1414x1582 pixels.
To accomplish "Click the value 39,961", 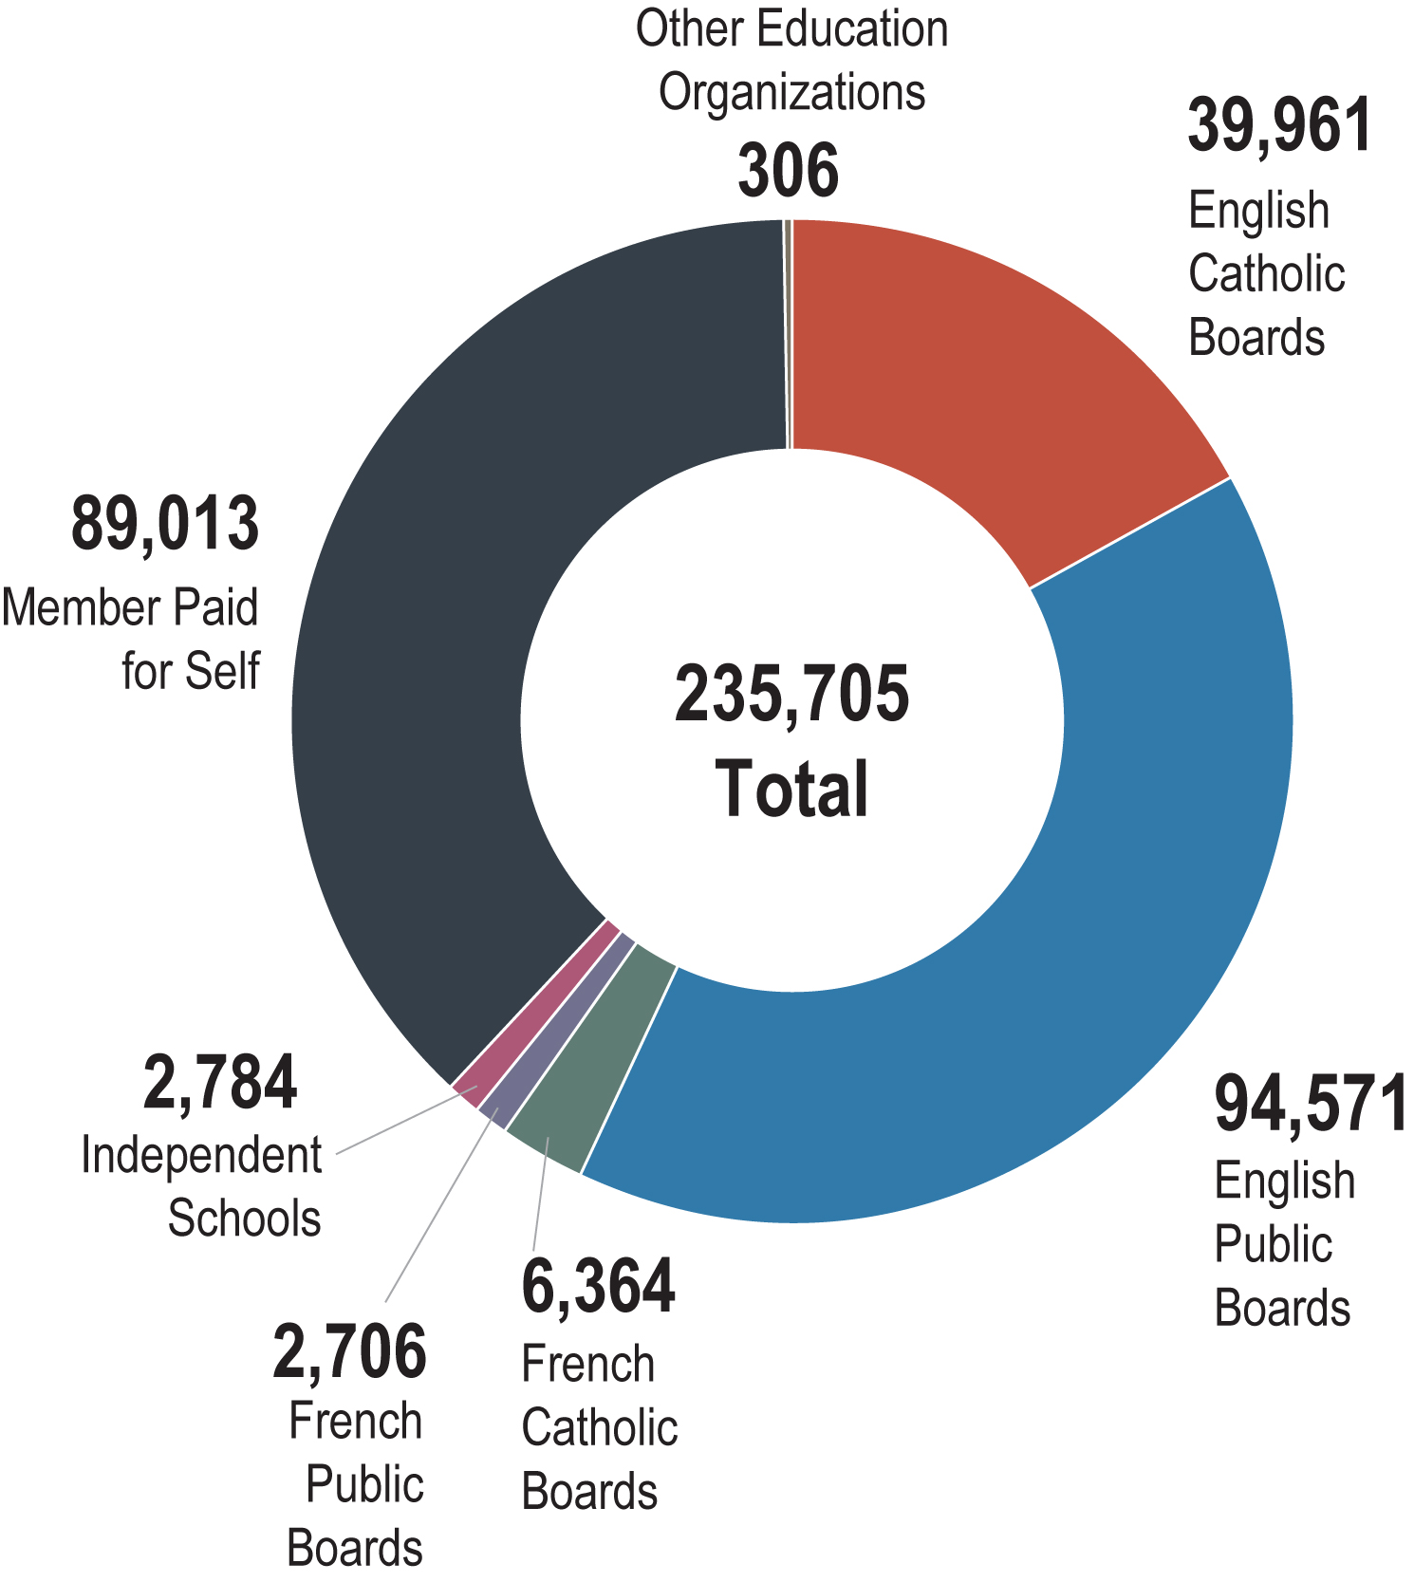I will tap(1279, 126).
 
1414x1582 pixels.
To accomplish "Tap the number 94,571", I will tap(1311, 1105).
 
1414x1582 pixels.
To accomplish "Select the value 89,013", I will tap(165, 524).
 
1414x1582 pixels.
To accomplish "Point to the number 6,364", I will tap(598, 1287).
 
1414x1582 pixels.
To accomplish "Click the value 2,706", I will tap(349, 1352).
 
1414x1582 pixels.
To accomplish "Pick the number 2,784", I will tap(220, 1084).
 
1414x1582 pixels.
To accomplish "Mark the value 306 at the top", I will tap(789, 172).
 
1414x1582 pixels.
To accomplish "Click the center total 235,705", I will tap(791, 695).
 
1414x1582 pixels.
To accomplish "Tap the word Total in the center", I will tap(791, 789).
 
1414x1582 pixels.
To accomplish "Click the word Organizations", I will tap(792, 93).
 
